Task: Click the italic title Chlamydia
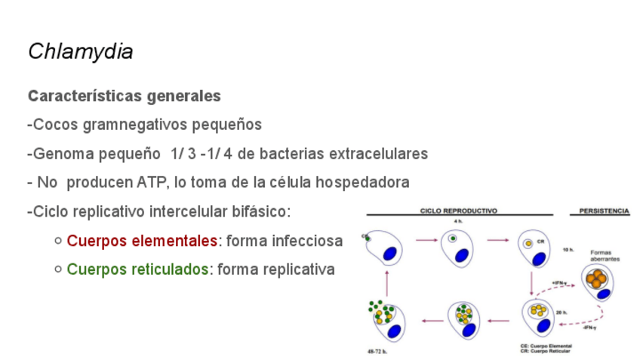click(80, 51)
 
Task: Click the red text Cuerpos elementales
click(142, 241)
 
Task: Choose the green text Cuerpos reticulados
click(137, 269)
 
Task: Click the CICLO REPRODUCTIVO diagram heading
click(458, 211)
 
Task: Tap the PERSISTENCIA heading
click(604, 211)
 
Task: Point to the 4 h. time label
click(458, 221)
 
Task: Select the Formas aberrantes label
click(601, 255)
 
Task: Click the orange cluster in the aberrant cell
click(597, 278)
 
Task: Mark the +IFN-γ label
click(559, 284)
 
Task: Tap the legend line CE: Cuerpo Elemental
click(546, 346)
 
